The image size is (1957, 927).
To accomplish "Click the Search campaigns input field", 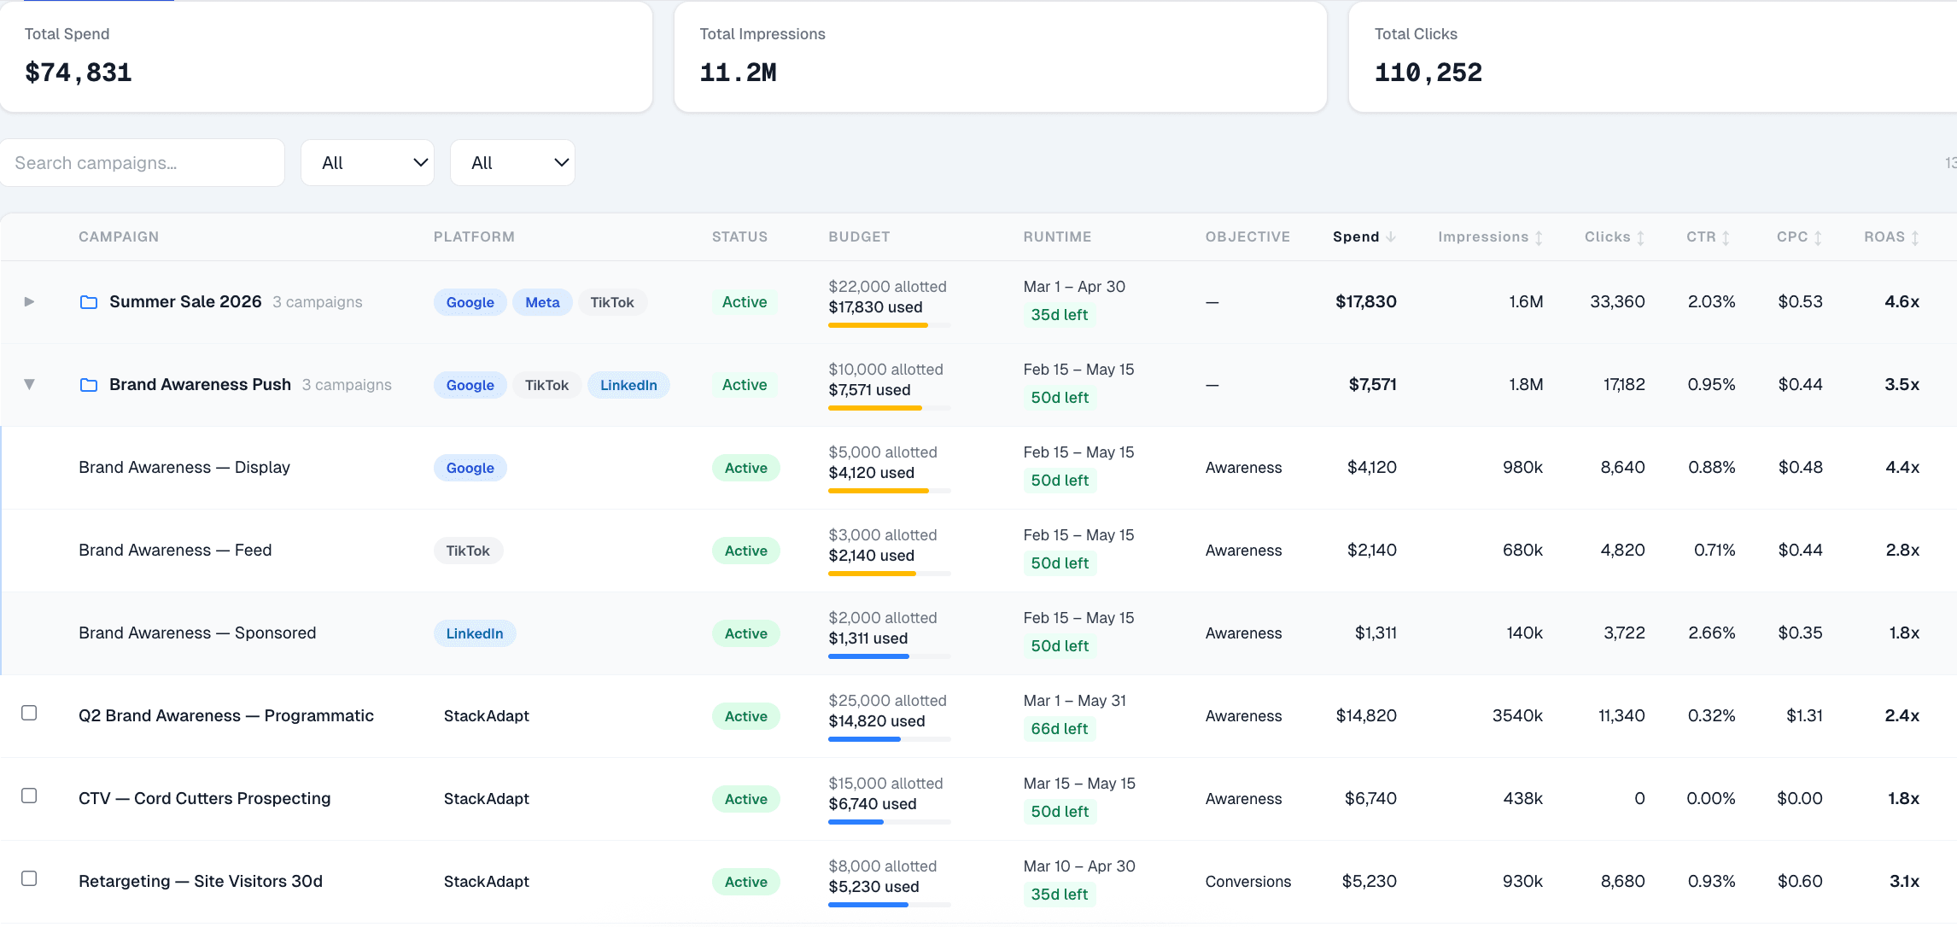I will click(142, 163).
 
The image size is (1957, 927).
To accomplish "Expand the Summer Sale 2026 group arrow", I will click(29, 302).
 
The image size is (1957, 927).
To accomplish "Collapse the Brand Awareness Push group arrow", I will click(29, 385).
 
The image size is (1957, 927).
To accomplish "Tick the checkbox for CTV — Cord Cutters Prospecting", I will click(29, 796).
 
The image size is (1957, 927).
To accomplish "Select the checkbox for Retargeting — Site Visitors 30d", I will click(29, 879).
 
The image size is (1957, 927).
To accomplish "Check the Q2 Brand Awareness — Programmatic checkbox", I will click(29, 714).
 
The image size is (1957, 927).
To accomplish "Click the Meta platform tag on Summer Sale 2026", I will click(542, 302).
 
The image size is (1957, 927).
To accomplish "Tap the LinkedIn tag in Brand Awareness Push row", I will click(628, 385).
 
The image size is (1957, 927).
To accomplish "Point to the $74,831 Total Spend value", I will click(79, 73).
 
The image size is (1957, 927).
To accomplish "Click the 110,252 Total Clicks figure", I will click(1428, 73).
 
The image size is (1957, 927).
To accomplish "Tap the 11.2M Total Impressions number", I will click(738, 73).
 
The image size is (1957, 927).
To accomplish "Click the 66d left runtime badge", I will click(1059, 729).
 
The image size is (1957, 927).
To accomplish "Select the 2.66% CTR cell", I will click(1711, 633).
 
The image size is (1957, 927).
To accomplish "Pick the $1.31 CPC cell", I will click(1804, 716).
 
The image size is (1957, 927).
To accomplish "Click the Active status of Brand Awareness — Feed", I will click(745, 551).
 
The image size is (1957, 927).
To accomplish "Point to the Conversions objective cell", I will click(1247, 882).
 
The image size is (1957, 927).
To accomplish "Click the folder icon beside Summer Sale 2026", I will click(89, 302).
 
